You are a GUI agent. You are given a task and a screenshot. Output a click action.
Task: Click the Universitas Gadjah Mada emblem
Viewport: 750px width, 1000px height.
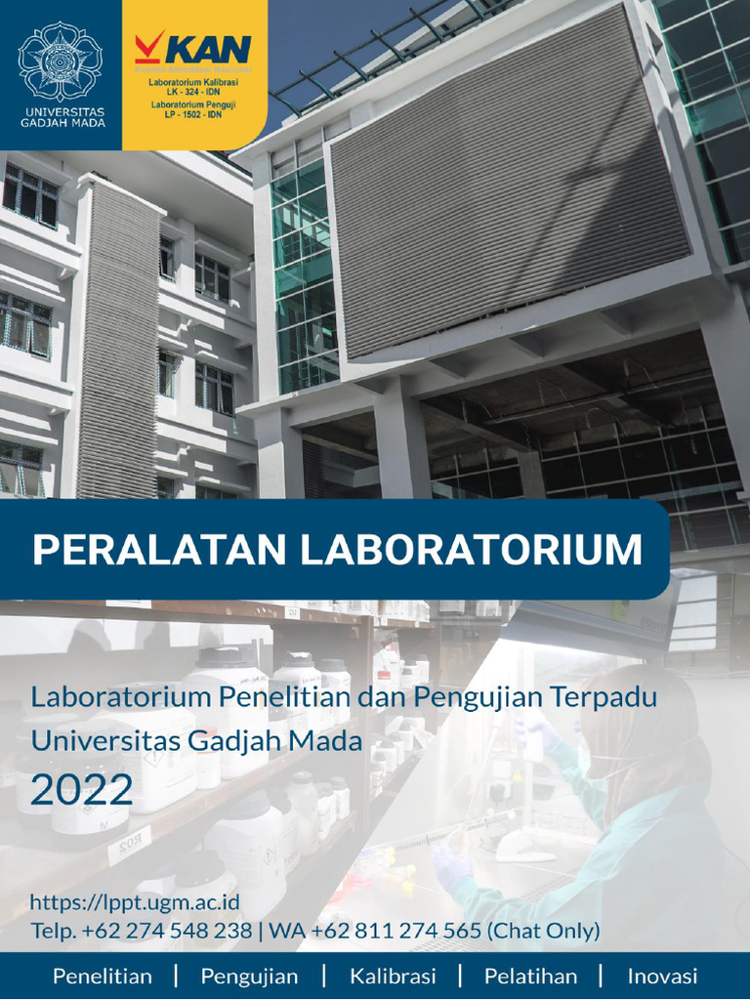click(x=61, y=61)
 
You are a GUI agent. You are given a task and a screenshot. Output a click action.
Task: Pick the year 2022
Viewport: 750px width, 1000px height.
click(x=82, y=786)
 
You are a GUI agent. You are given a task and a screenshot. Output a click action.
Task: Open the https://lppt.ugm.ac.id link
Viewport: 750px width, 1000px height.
click(x=135, y=902)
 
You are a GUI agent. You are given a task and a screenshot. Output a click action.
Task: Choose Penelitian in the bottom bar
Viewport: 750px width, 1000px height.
click(x=103, y=977)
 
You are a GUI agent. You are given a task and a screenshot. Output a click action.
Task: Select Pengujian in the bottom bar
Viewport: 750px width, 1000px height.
click(x=249, y=977)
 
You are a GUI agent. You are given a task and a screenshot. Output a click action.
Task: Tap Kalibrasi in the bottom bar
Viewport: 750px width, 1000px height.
click(x=393, y=977)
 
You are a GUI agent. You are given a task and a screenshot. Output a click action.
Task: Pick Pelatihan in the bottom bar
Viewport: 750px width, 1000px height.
click(x=530, y=977)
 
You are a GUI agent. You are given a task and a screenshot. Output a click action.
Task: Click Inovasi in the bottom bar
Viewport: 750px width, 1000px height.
click(x=662, y=977)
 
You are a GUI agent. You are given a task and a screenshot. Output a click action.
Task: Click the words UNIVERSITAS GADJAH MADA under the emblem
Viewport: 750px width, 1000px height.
click(x=61, y=117)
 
